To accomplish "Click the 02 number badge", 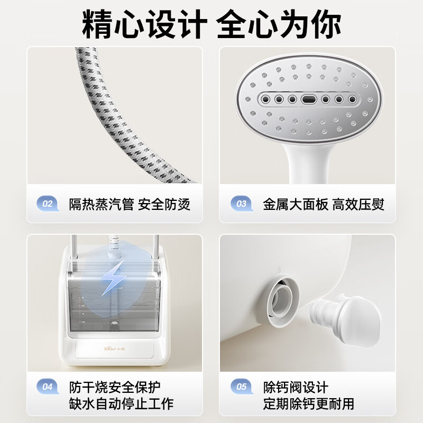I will pyautogui.click(x=48, y=204).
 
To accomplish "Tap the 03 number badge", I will pyautogui.click(x=242, y=204).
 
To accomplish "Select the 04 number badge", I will pyautogui.click(x=48, y=387).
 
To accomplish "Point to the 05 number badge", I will pyautogui.click(x=242, y=387).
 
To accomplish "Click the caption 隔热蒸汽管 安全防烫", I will pyautogui.click(x=130, y=204).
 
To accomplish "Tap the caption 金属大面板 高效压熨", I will pyautogui.click(x=324, y=204).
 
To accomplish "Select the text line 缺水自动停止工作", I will pyautogui.click(x=121, y=404).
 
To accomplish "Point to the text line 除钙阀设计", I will pyautogui.click(x=296, y=387).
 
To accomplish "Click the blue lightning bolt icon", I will pyautogui.click(x=113, y=278).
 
